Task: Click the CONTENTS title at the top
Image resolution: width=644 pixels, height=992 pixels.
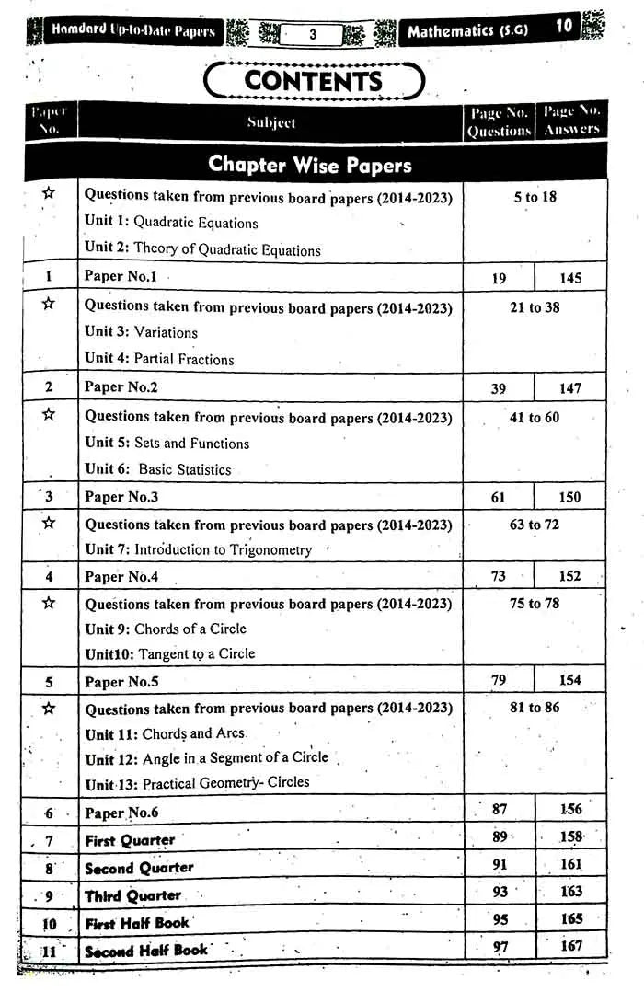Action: tap(314, 81)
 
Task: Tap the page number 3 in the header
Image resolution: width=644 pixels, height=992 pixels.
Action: tap(313, 34)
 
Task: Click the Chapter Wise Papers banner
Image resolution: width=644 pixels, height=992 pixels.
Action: tap(310, 165)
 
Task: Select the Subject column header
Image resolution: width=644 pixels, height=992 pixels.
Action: tap(271, 122)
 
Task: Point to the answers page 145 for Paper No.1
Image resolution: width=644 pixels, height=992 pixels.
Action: tap(569, 278)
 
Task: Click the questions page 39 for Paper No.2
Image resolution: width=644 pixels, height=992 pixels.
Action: tap(498, 388)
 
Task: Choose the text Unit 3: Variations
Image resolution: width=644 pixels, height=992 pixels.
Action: tap(141, 332)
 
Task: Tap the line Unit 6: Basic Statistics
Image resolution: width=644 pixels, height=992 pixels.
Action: tap(158, 469)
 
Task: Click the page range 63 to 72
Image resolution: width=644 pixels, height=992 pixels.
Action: tap(535, 525)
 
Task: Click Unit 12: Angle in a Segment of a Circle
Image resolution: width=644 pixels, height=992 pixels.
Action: tap(206, 757)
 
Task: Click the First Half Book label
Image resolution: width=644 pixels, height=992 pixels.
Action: tap(137, 923)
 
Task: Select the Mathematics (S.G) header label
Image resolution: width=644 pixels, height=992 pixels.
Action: tap(475, 32)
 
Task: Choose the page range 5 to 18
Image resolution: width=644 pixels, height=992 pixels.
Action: tap(535, 197)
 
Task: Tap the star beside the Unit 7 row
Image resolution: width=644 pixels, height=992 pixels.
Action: tap(49, 523)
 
